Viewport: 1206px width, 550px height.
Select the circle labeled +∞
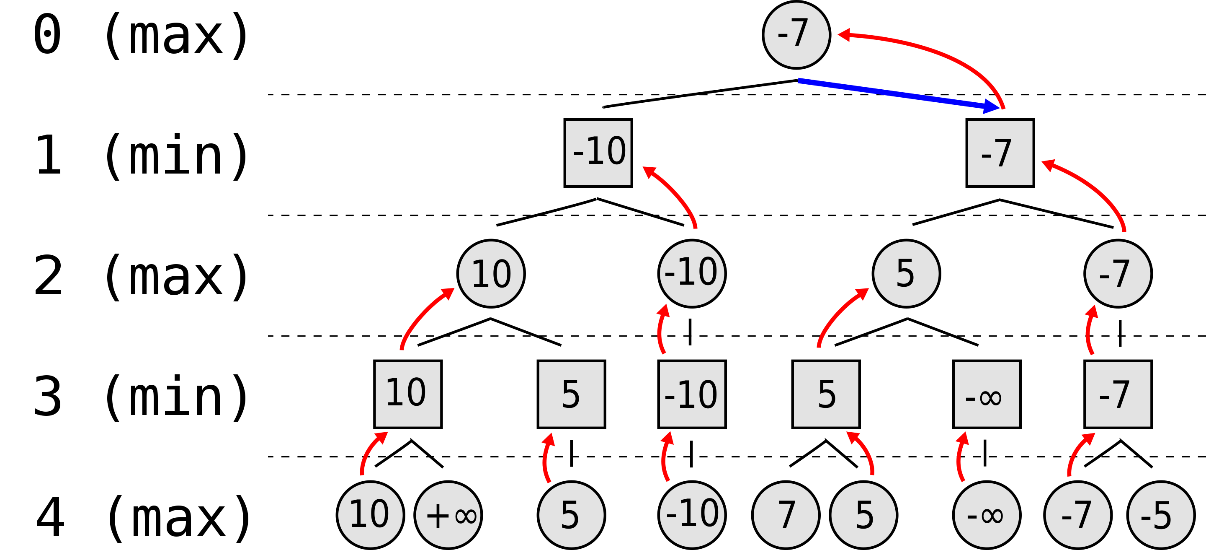point(448,515)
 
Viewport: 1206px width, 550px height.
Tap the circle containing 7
point(786,515)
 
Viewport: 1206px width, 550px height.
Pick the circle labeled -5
point(1161,515)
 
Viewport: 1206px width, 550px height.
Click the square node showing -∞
point(987,394)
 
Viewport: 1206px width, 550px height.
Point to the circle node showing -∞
point(987,515)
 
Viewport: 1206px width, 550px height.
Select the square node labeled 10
point(408,394)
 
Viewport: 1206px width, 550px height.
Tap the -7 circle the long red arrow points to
point(796,35)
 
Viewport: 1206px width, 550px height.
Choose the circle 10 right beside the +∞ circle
point(370,515)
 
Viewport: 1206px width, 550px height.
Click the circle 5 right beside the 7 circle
point(863,515)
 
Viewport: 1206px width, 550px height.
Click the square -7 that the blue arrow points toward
point(1000,153)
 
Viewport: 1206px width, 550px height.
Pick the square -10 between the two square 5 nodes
point(692,394)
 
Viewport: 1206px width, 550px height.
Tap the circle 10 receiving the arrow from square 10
point(491,274)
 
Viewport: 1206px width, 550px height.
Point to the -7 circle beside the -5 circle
point(1078,515)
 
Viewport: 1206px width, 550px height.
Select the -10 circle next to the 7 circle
point(692,515)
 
